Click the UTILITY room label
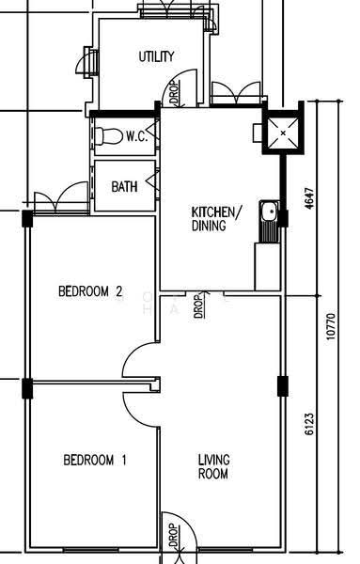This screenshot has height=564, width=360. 156,56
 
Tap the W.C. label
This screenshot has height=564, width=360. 136,136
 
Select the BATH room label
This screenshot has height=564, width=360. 124,187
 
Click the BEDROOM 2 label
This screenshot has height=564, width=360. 90,291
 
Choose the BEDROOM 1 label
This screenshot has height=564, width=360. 95,460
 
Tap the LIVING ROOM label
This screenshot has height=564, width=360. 214,466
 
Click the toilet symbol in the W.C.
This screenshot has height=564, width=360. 109,136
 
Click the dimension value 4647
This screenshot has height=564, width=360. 309,198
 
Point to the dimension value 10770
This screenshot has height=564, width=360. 331,326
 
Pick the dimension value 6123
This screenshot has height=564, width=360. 309,425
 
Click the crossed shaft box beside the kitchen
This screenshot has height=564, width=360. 283,133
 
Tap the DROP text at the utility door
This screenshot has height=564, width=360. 174,93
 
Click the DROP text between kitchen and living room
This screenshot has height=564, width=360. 198,306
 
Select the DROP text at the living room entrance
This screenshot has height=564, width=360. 173,535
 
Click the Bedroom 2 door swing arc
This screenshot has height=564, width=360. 130,354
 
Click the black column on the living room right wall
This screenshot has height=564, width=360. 283,386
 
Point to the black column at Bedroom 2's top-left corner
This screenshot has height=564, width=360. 27,219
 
